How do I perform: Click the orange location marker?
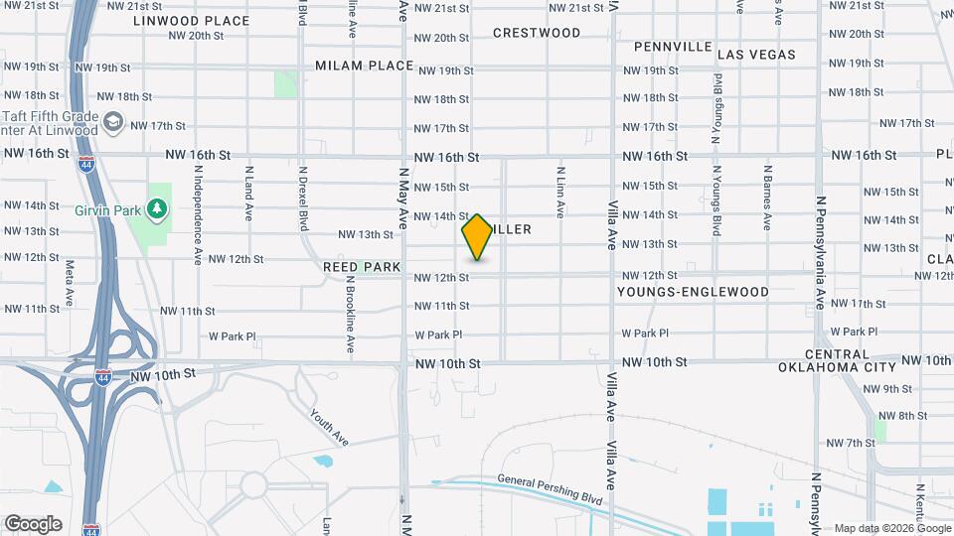click(477, 237)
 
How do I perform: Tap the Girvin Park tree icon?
click(155, 208)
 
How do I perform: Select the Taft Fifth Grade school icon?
click(113, 122)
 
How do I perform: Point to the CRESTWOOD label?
click(537, 33)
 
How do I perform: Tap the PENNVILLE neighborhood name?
click(673, 47)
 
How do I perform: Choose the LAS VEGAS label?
click(756, 55)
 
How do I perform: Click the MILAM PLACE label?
click(364, 66)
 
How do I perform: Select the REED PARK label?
click(362, 267)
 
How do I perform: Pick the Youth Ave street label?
click(328, 426)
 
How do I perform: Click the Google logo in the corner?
click(33, 523)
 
